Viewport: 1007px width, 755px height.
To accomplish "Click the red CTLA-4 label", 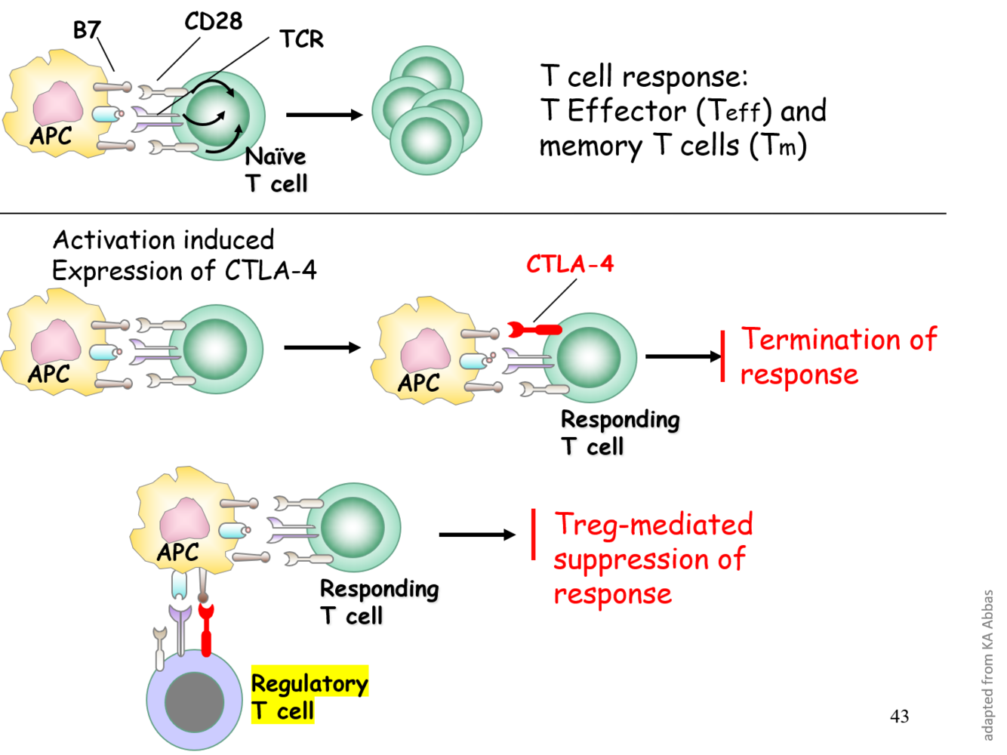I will pyautogui.click(x=570, y=265).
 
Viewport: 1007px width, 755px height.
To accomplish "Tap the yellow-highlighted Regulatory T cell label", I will pyautogui.click(x=309, y=695).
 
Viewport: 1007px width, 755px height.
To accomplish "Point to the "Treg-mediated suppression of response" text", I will pyautogui.click(x=653, y=559).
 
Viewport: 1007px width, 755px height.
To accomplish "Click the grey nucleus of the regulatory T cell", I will pyautogui.click(x=194, y=701).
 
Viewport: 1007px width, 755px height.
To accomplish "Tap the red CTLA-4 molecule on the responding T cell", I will pyautogui.click(x=534, y=330).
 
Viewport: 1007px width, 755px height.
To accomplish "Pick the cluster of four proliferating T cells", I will pyautogui.click(x=427, y=110).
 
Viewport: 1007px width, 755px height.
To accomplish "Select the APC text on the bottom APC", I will pyautogui.click(x=178, y=553).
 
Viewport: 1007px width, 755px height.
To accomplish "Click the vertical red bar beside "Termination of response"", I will pyautogui.click(x=723, y=356).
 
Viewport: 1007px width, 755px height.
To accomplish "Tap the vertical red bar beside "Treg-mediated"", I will pyautogui.click(x=534, y=535).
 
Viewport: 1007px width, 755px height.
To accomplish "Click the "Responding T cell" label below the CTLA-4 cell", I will pyautogui.click(x=620, y=433).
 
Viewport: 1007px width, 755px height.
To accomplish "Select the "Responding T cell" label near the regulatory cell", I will pyautogui.click(x=380, y=602).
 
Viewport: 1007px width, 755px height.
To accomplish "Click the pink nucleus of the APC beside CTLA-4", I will pyautogui.click(x=425, y=351).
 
